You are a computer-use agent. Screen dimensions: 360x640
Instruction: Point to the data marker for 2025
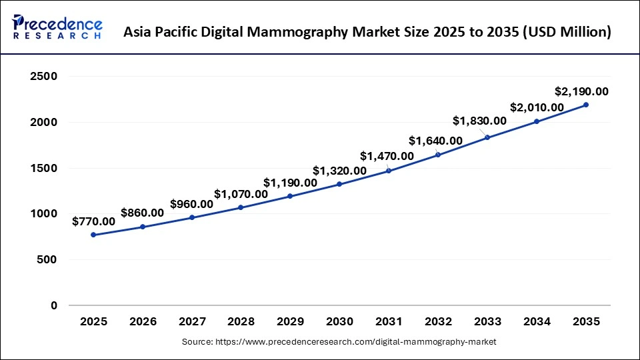pyautogui.click(x=93, y=235)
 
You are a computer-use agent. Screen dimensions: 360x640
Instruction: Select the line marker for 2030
pyautogui.click(x=339, y=184)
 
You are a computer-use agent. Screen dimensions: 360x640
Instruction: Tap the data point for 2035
pyautogui.click(x=586, y=105)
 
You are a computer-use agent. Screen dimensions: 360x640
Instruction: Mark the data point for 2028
pyautogui.click(x=241, y=207)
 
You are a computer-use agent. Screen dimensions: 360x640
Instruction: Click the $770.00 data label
pyautogui.click(x=93, y=221)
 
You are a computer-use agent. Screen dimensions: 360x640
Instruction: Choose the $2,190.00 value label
pyautogui.click(x=581, y=91)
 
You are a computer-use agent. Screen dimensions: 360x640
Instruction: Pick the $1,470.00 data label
pyautogui.click(x=387, y=156)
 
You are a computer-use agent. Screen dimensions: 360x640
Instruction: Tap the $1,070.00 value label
pyautogui.click(x=241, y=194)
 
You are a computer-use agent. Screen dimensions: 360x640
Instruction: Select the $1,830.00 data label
pyautogui.click(x=479, y=121)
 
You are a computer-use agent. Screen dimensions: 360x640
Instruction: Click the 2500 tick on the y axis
pyautogui.click(x=44, y=77)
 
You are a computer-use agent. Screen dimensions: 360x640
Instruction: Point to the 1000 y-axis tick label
pyautogui.click(x=44, y=214)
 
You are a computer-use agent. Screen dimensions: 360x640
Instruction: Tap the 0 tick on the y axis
pyautogui.click(x=54, y=305)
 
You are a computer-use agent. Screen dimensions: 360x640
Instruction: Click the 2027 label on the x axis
pyautogui.click(x=192, y=321)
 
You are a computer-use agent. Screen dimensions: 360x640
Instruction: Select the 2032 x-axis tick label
pyautogui.click(x=438, y=321)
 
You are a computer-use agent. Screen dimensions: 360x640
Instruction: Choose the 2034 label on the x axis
pyautogui.click(x=537, y=321)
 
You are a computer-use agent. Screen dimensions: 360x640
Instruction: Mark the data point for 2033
pyautogui.click(x=487, y=137)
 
